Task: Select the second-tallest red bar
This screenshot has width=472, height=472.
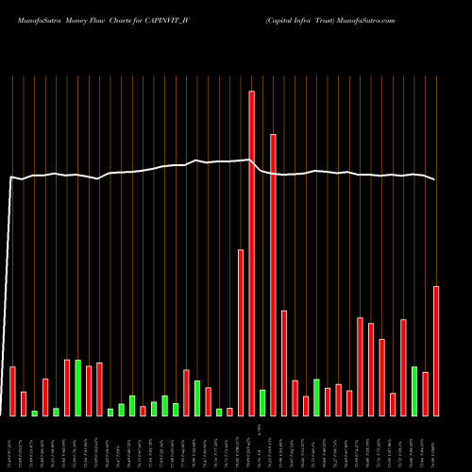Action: coord(273,275)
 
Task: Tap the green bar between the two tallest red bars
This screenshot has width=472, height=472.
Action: coord(262,402)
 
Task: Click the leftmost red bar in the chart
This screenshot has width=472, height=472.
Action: coord(12,391)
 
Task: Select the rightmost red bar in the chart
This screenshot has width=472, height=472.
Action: coord(436,350)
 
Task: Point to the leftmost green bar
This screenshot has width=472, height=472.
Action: coord(35,413)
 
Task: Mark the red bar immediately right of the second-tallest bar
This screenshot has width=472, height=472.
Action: coord(284,362)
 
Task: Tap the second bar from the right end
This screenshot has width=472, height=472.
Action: coord(426,394)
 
